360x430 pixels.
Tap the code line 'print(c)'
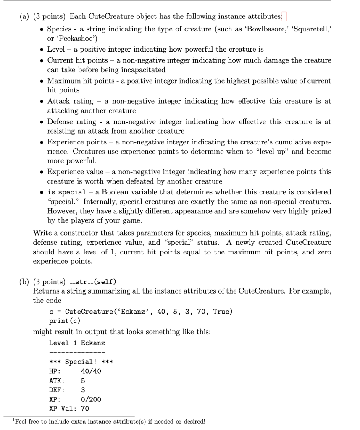pos(63,322)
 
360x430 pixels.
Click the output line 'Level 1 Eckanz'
pos(77,343)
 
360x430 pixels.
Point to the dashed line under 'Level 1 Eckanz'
pos(77,352)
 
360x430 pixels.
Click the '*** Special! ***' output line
pos(81,362)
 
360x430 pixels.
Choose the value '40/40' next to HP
pos(91,371)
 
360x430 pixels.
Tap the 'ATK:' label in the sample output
pos(57,380)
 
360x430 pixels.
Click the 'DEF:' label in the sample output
pos(57,390)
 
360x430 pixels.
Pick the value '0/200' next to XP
pos(91,399)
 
